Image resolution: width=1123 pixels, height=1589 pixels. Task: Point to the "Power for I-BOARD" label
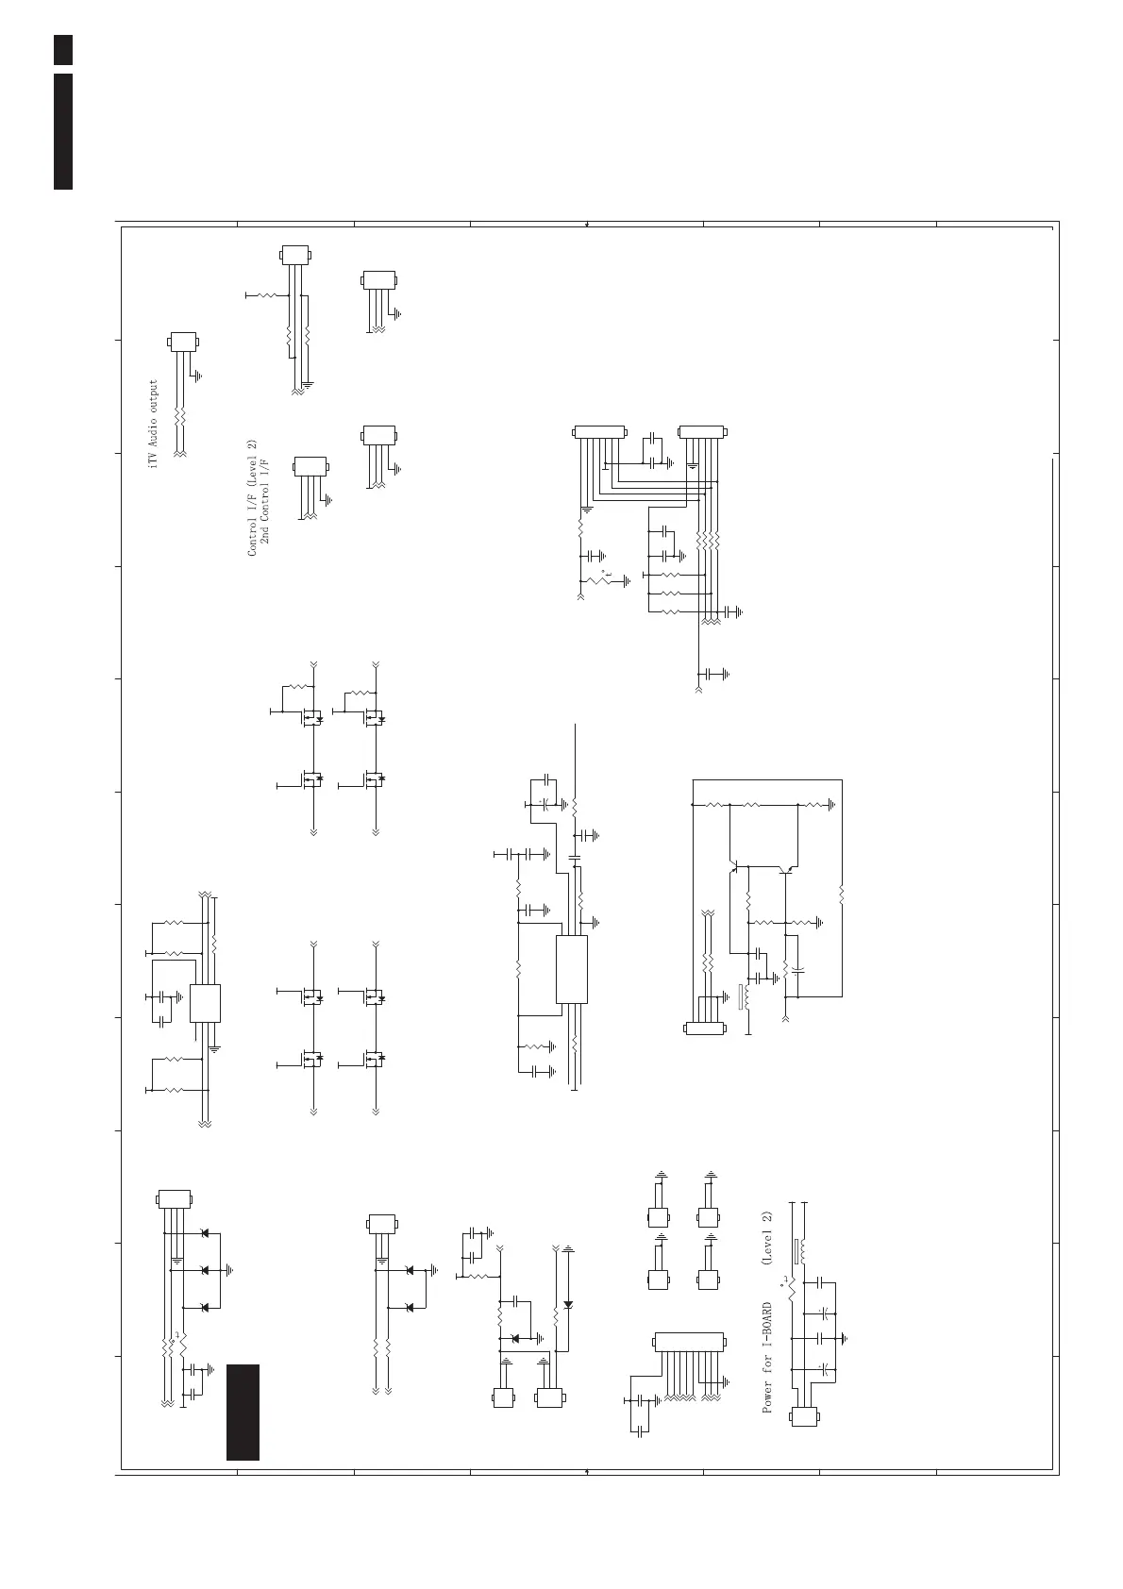(x=768, y=1358)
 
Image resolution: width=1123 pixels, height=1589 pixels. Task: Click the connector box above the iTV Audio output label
(x=183, y=343)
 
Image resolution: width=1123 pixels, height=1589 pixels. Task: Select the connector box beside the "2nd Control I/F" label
(x=310, y=467)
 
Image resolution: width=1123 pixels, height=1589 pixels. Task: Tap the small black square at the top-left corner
(x=62, y=50)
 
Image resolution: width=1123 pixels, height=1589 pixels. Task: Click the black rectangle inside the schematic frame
(x=243, y=1412)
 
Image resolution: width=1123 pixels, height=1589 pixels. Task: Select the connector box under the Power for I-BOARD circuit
(x=804, y=1416)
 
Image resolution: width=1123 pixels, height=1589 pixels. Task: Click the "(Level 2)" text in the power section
(x=767, y=1238)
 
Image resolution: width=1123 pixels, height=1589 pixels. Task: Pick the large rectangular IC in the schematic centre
(x=572, y=969)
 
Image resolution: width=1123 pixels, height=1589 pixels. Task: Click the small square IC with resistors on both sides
(x=205, y=1003)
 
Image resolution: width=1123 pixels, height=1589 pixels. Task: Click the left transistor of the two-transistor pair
(x=734, y=863)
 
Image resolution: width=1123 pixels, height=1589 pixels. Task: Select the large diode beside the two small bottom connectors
(x=568, y=1304)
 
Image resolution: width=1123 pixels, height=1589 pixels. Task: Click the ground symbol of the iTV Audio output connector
(x=196, y=376)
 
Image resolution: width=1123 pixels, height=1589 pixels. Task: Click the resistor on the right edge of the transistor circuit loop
(x=841, y=892)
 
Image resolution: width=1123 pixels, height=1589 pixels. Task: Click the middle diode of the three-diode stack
(x=205, y=1270)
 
